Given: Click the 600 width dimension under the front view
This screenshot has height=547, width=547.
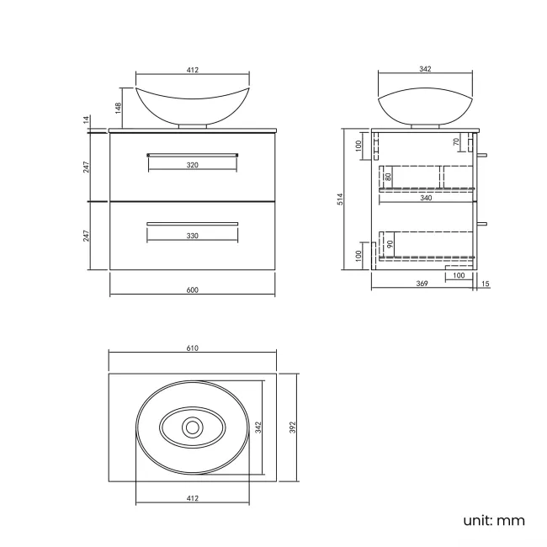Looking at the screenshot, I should click(x=192, y=290).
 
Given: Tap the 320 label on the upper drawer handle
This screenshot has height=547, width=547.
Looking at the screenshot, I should click(x=192, y=166).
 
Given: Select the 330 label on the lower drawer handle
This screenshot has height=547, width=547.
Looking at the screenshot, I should click(x=192, y=236).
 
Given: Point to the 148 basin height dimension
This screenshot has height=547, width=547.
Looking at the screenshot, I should click(x=119, y=108).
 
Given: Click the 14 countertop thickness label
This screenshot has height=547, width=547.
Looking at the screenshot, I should click(x=87, y=121).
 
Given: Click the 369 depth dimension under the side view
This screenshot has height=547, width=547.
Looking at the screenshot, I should click(x=422, y=284).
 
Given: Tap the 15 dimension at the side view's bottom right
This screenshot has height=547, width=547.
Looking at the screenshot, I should click(x=486, y=284).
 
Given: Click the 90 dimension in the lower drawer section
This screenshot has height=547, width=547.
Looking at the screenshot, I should click(x=389, y=244).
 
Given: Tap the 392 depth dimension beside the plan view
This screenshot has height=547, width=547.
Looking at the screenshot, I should click(x=294, y=428).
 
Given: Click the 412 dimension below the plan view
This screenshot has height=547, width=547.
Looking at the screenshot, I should click(x=192, y=499).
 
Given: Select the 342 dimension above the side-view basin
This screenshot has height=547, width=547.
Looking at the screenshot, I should click(x=425, y=70).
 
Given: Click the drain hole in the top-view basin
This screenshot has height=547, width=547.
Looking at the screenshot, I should click(x=192, y=428).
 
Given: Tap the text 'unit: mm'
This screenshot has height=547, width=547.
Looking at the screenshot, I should click(x=493, y=520).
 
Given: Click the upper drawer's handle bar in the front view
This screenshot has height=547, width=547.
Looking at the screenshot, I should click(x=192, y=154).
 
